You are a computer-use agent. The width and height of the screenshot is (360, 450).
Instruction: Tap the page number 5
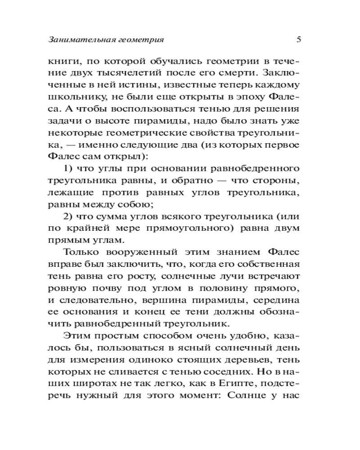[x=299, y=39]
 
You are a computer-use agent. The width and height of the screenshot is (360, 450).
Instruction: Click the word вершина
[x=156, y=299]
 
